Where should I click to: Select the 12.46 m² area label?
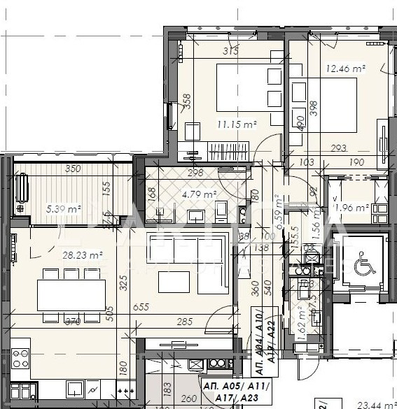[346, 69]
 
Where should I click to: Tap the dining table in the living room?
[71, 295]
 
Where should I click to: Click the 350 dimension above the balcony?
[72, 168]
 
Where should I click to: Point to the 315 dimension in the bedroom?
[230, 50]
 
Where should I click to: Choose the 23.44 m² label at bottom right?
[377, 403]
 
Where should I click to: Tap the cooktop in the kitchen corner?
[20, 359]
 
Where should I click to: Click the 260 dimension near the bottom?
[188, 400]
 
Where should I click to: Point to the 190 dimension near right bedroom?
[358, 162]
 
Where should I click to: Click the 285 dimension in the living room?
[184, 322]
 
